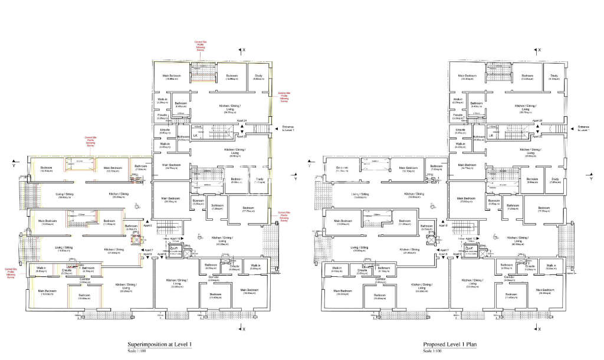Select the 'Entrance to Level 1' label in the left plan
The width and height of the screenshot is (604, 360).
(287, 128)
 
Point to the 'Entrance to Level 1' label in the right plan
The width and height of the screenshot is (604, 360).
(583, 128)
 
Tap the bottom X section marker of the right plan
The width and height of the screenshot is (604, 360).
(539, 328)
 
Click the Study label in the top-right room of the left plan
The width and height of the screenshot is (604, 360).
(258, 76)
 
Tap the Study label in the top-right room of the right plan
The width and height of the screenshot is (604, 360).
(554, 76)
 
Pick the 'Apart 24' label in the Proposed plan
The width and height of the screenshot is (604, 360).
(537, 120)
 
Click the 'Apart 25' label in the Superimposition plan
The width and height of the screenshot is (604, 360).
(240, 136)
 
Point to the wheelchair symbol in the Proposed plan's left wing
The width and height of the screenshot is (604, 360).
(432, 206)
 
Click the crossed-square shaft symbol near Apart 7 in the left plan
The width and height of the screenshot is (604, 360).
(137, 240)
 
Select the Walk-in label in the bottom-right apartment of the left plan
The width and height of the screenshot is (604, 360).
(255, 266)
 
